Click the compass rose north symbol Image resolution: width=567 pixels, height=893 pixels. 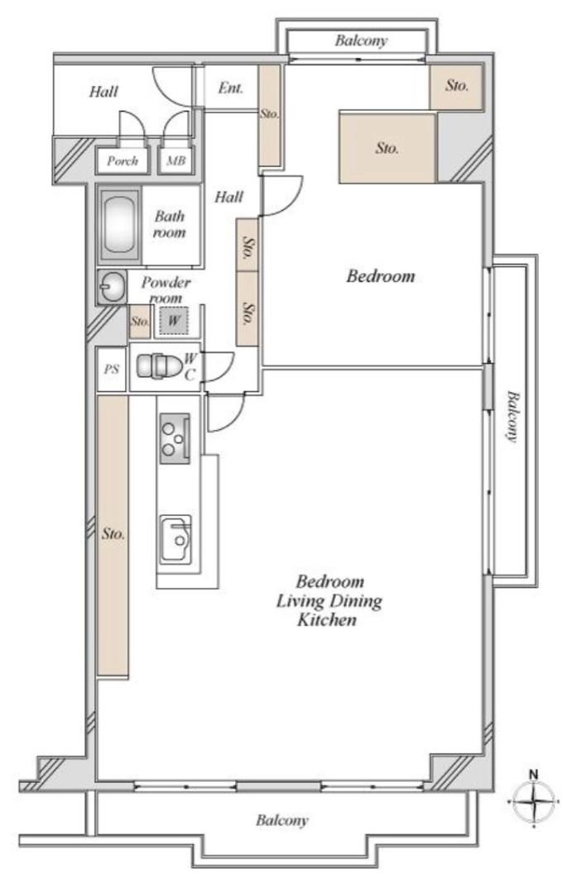pyautogui.click(x=534, y=800)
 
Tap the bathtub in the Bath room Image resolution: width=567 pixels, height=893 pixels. pyautogui.click(x=120, y=222)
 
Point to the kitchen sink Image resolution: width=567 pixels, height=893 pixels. pyautogui.click(x=175, y=540)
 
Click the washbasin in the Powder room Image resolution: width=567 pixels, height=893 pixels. pyautogui.click(x=110, y=288)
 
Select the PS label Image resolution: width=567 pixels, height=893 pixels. pyautogui.click(x=111, y=369)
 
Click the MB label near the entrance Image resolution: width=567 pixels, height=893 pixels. pyautogui.click(x=175, y=161)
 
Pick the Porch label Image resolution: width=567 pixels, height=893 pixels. pyautogui.click(x=122, y=161)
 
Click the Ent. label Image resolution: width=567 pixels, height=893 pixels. pyautogui.click(x=230, y=88)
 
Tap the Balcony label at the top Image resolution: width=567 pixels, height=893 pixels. pyautogui.click(x=361, y=41)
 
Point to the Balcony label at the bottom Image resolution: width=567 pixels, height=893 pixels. pyautogui.click(x=281, y=821)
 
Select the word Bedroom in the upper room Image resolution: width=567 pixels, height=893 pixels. pyautogui.click(x=380, y=276)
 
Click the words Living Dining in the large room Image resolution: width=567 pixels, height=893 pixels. pyautogui.click(x=329, y=600)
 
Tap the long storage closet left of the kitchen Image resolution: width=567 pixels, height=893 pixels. pyautogui.click(x=113, y=534)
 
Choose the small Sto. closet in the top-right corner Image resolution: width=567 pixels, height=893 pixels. pyautogui.click(x=457, y=85)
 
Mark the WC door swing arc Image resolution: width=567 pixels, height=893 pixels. pyautogui.click(x=219, y=365)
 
